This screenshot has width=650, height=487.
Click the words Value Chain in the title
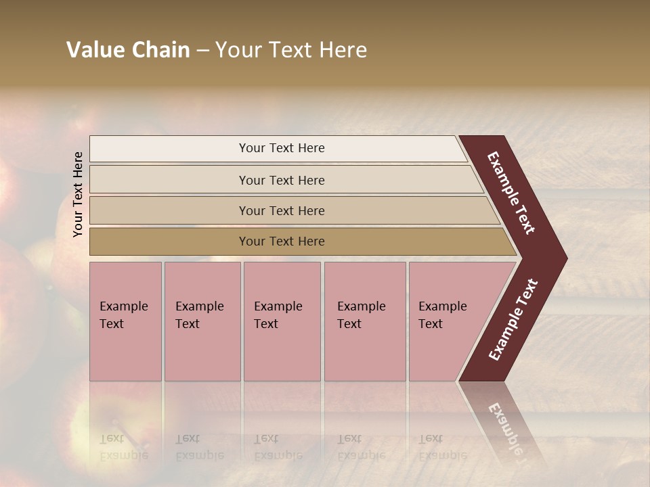pyautogui.click(x=128, y=50)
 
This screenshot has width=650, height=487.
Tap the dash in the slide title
pyautogui.click(x=202, y=51)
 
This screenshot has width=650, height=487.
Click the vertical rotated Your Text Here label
pyautogui.click(x=78, y=194)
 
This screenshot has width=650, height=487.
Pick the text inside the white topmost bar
pyautogui.click(x=282, y=148)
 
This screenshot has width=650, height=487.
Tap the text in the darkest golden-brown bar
pyautogui.click(x=282, y=241)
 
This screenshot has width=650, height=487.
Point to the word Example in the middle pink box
pyautogui.click(x=278, y=306)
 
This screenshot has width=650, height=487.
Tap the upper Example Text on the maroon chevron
pyautogui.click(x=511, y=193)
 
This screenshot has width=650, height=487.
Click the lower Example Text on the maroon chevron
pyautogui.click(x=513, y=320)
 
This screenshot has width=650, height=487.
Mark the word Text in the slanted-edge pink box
pyautogui.click(x=431, y=324)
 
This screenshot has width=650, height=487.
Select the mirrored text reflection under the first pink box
pyautogui.click(x=123, y=447)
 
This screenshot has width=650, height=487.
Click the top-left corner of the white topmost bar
pyautogui.click(x=91, y=137)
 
